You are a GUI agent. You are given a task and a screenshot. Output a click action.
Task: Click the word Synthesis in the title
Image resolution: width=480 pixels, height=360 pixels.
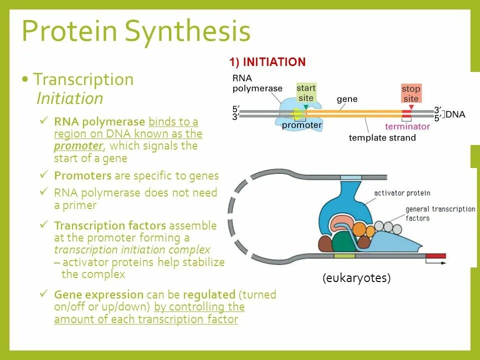(x=187, y=31)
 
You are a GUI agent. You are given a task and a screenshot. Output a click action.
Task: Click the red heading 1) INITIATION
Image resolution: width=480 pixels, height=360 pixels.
(x=267, y=62)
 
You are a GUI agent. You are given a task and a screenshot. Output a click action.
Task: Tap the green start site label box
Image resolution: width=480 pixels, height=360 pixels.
(x=306, y=93)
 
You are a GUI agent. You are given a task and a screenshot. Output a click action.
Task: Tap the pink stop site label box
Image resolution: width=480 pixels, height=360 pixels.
(x=411, y=93)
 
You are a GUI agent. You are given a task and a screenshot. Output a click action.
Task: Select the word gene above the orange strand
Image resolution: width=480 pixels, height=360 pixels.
(x=347, y=99)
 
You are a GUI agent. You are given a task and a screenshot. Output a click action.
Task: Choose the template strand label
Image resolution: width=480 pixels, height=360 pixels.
(x=382, y=137)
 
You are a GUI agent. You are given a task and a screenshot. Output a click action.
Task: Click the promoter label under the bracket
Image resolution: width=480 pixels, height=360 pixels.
(x=302, y=125)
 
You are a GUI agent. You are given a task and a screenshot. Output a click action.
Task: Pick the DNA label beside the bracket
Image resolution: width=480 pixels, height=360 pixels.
(x=455, y=114)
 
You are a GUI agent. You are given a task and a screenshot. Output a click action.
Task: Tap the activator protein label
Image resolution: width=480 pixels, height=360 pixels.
(x=402, y=193)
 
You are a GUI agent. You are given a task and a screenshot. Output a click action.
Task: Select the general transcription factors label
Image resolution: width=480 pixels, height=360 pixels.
(x=440, y=213)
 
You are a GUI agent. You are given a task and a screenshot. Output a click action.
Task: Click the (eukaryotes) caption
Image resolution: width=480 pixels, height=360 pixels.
(x=356, y=278)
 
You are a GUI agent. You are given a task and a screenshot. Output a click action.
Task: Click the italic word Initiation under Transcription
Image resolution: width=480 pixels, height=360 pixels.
(x=70, y=98)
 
